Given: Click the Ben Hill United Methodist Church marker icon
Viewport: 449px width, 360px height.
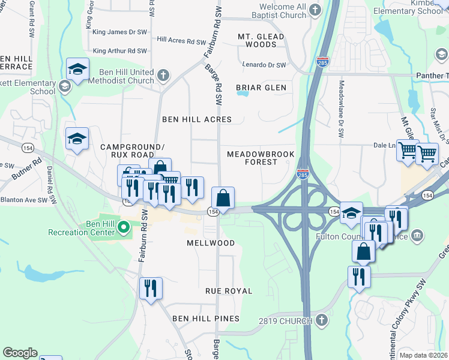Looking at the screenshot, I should [163, 76].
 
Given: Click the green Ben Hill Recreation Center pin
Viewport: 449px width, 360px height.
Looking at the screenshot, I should [124, 227].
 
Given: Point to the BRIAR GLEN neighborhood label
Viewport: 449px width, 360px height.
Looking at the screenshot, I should [261, 88].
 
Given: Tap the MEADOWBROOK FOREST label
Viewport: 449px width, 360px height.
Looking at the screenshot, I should [261, 158].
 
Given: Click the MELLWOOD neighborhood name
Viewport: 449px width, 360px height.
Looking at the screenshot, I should [210, 243].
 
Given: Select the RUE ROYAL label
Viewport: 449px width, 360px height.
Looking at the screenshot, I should [229, 291].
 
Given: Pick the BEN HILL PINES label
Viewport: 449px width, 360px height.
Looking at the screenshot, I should [206, 319].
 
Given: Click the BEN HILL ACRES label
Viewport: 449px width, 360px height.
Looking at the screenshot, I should [197, 119].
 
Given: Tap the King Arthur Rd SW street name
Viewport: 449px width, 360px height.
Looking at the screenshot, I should [119, 51].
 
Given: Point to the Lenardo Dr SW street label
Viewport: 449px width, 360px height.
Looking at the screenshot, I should [264, 65].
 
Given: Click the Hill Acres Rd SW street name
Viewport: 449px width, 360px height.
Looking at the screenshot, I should [181, 41].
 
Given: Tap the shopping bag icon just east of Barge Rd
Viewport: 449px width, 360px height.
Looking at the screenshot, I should [223, 198].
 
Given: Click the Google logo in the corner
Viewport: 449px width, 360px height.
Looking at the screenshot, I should [20, 353].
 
